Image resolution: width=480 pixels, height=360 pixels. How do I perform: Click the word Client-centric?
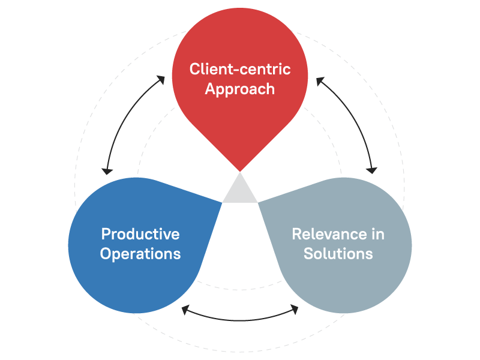point(240,69)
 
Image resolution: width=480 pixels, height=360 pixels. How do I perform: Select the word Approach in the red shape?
point(240,89)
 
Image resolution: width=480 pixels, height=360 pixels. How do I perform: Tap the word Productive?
point(140,233)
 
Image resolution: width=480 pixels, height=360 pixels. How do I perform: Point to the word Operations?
point(140,253)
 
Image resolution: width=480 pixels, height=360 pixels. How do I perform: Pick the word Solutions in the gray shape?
point(338,253)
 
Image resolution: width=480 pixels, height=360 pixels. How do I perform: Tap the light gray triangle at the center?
point(240,191)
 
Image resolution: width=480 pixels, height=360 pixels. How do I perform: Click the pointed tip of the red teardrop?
point(240,170)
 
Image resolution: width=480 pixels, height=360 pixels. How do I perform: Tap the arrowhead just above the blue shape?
point(107,170)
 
